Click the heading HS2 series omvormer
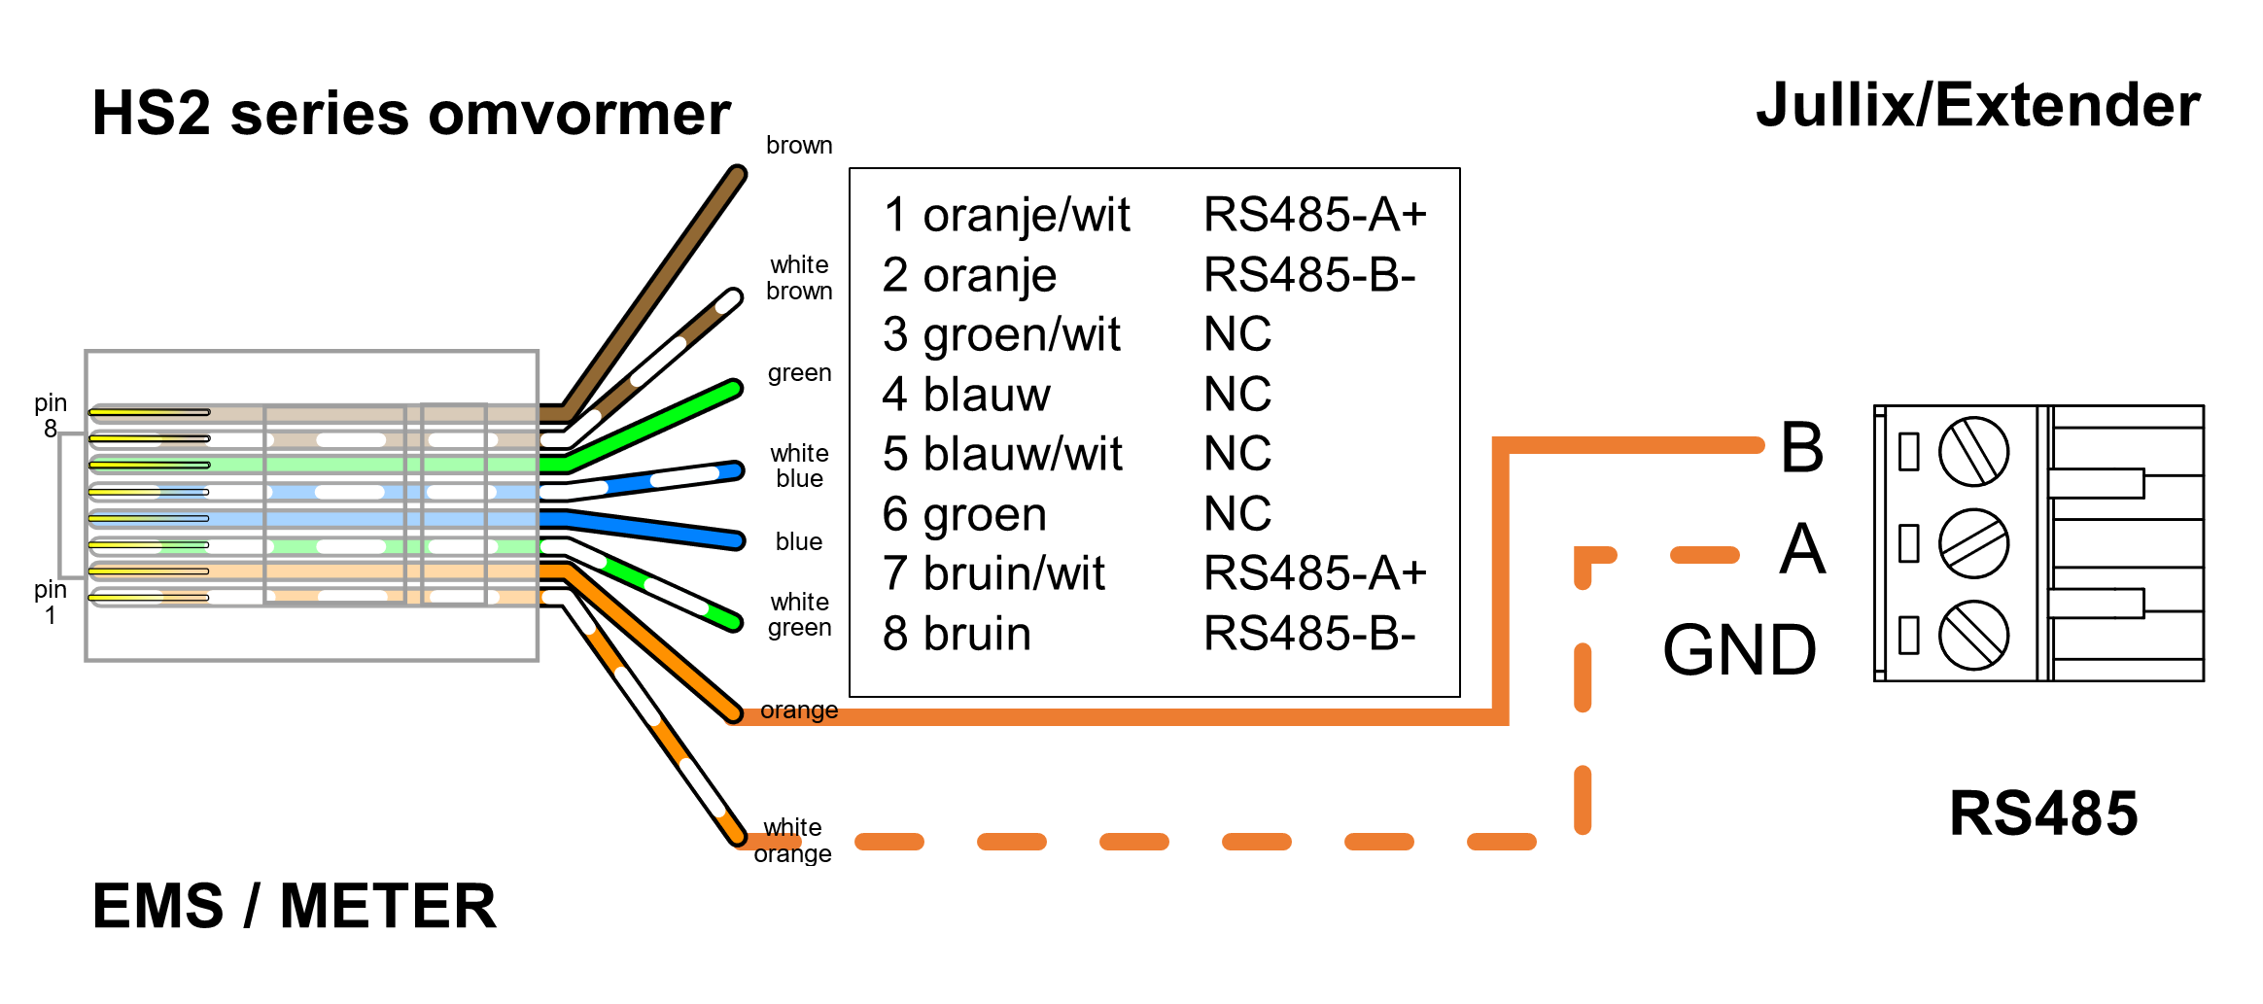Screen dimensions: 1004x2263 point(410,114)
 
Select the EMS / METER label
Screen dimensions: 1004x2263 point(294,906)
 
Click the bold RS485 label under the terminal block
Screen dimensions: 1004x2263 point(2043,813)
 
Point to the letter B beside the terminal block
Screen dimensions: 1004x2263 point(1801,447)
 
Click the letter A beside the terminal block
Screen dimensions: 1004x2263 point(1802,548)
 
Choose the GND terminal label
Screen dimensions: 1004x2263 point(1739,650)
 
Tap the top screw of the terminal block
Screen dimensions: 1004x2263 point(1973,452)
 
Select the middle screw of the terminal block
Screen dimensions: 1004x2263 point(1973,543)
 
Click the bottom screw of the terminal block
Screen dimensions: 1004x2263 point(1973,636)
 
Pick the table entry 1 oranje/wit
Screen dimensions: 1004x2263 point(1006,215)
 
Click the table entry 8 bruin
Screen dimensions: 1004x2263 point(957,634)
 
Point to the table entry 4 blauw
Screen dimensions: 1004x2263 point(966,395)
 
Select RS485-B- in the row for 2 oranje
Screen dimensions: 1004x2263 point(1309,275)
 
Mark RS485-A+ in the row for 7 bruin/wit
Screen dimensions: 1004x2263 point(1314,573)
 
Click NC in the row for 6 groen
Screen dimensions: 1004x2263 point(1237,513)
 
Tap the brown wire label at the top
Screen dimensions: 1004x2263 point(799,146)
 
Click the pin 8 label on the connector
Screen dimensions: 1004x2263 point(51,416)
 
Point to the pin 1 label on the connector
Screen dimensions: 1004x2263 point(51,603)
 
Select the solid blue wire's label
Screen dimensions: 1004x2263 point(799,541)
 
